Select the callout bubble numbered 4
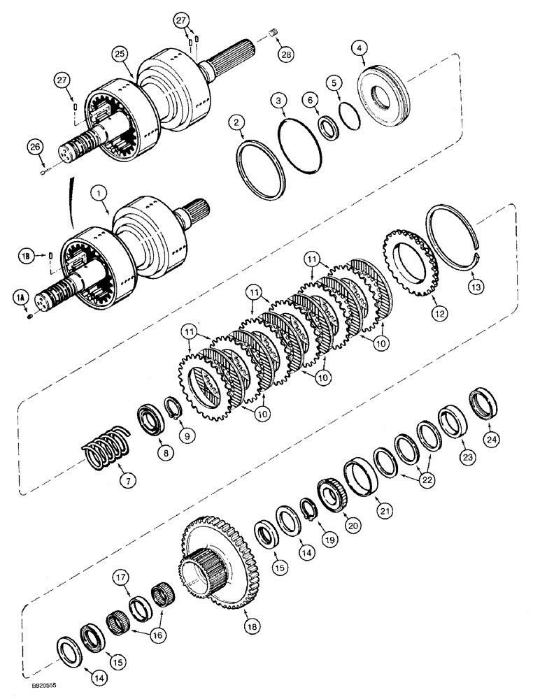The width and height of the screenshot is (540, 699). [x=359, y=48]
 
